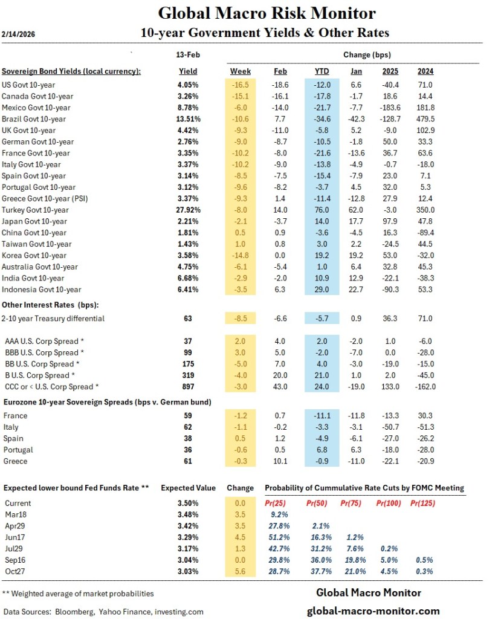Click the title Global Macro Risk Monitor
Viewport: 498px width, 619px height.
[x=267, y=13]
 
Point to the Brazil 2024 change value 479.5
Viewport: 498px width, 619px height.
[x=425, y=119]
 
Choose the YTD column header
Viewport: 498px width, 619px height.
[x=322, y=71]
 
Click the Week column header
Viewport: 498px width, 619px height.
[x=241, y=71]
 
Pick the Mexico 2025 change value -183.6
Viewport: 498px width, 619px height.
[x=390, y=108]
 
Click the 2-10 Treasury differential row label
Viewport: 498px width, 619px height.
[x=54, y=318]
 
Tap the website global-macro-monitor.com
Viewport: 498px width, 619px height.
[x=373, y=611]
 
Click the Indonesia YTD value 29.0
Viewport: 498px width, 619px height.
[x=322, y=290]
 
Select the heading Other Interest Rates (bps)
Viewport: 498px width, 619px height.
[x=50, y=303]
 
